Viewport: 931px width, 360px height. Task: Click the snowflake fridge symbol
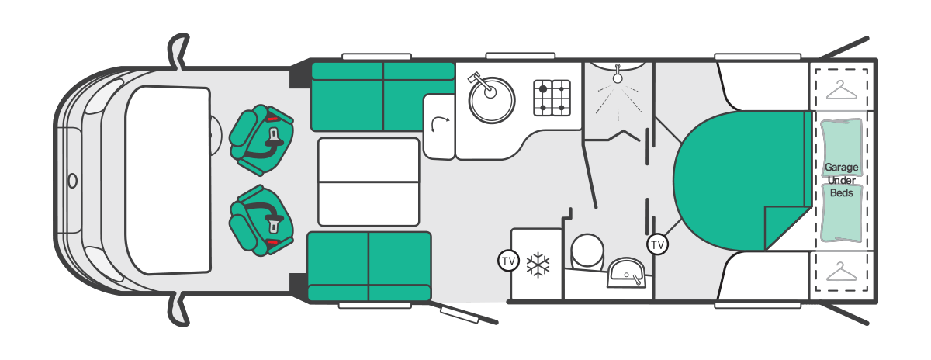pos(538,265)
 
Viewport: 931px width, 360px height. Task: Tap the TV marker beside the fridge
pos(508,261)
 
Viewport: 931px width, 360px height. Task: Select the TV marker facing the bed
pos(658,244)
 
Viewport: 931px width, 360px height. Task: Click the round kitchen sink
pos(491,100)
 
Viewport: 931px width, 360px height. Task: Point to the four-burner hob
pos(552,98)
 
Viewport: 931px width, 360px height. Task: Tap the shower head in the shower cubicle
pos(618,74)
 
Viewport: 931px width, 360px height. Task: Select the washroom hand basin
pos(626,272)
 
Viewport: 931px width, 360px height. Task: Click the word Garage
pos(841,168)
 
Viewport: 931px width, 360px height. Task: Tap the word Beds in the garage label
pos(841,193)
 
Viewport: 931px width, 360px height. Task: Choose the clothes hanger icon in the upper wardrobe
pos(841,90)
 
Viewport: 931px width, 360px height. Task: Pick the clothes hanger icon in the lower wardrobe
pos(841,272)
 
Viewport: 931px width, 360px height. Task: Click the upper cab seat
pos(261,140)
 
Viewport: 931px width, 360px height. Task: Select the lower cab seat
pos(261,220)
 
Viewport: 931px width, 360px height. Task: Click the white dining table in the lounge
pos(369,182)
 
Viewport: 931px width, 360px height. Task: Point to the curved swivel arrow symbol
pos(439,124)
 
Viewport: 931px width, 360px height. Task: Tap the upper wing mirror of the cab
pos(178,50)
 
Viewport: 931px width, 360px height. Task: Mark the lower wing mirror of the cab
pos(178,310)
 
